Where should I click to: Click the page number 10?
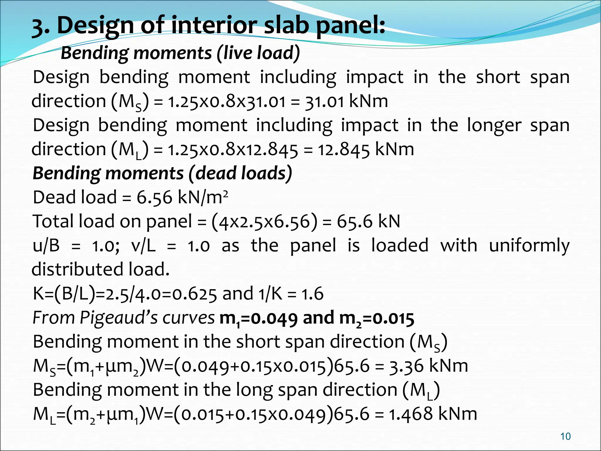coord(565,436)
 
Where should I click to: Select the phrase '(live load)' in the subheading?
coord(258,53)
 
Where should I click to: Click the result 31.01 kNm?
coord(347,102)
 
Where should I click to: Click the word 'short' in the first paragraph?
coord(498,77)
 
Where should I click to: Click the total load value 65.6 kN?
coord(368,221)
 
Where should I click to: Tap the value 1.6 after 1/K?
coord(313,294)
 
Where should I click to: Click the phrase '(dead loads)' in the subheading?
coord(240,173)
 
